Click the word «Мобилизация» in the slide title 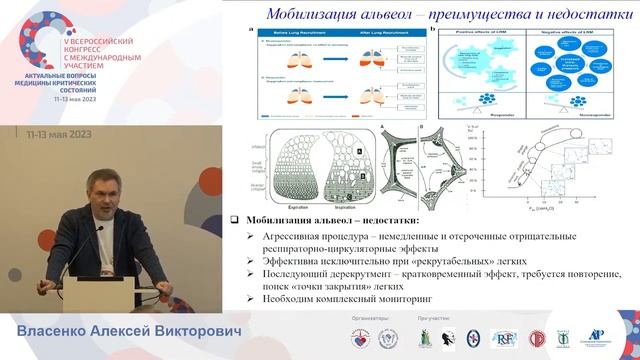click(306, 13)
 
